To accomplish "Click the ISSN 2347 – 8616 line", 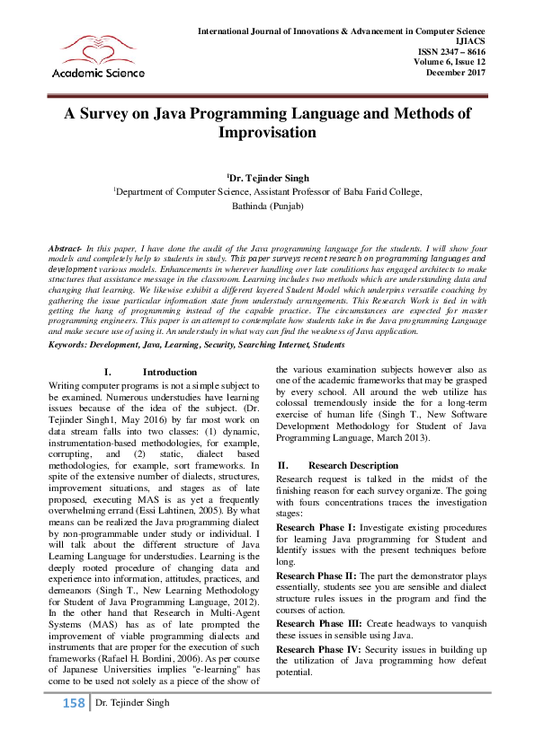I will (450, 53).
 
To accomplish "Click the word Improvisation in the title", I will (267, 133).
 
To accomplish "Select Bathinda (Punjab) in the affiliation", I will (267, 206).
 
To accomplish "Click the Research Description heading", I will (352, 466).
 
